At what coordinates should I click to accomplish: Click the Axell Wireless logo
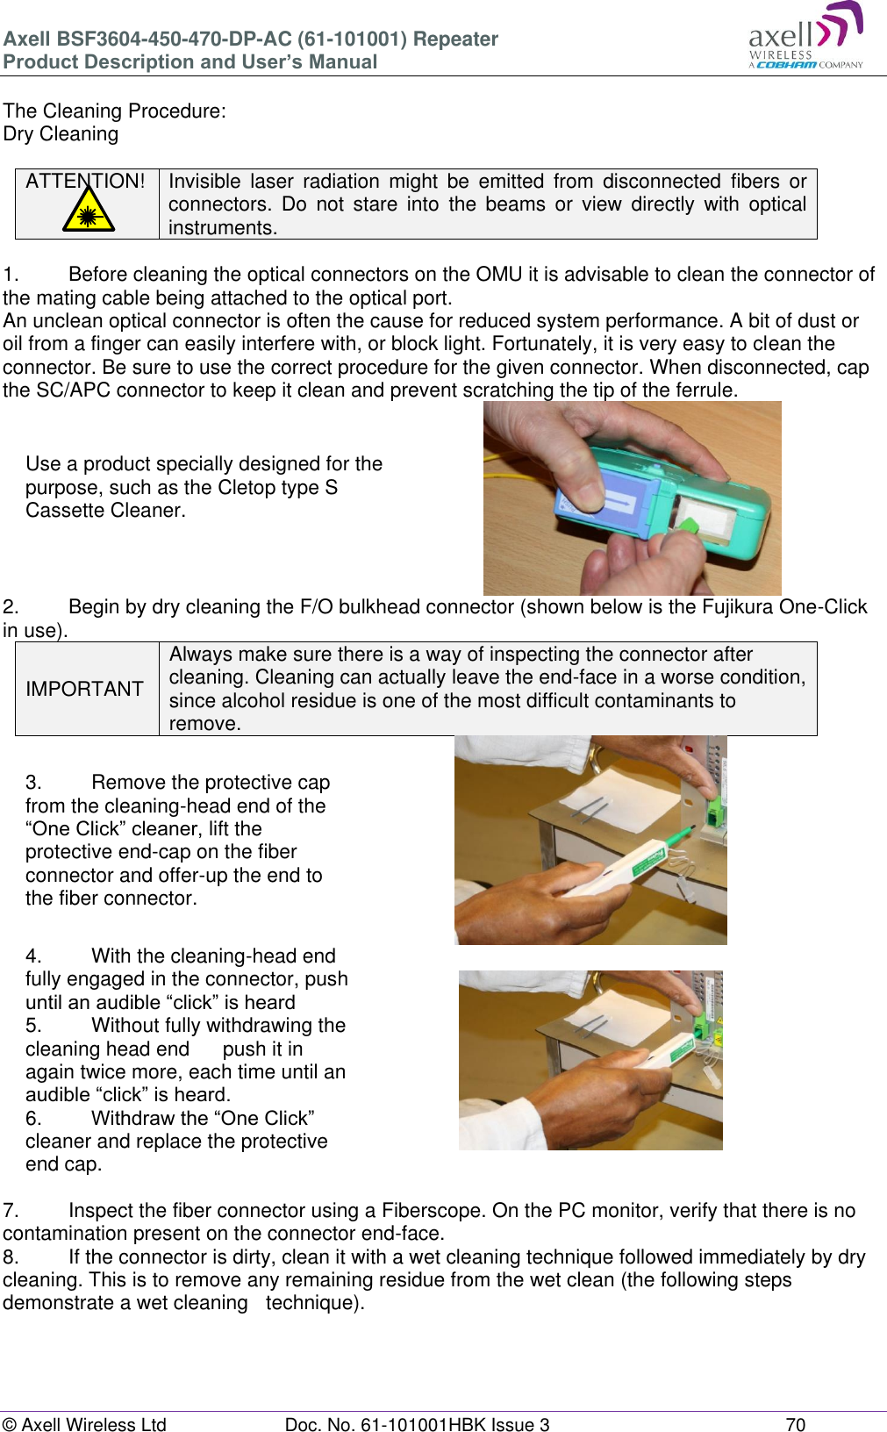click(805, 37)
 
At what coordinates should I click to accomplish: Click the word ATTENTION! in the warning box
click(85, 182)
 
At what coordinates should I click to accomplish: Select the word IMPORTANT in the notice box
click(84, 690)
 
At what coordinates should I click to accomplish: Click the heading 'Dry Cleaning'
click(61, 134)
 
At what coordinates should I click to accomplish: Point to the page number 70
click(795, 1424)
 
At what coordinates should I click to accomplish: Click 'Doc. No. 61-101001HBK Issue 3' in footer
click(417, 1424)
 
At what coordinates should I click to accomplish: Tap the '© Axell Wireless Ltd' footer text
click(84, 1424)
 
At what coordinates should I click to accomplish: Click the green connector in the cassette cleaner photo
click(688, 526)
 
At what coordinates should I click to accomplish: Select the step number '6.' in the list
click(33, 1119)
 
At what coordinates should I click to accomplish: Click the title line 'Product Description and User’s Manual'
click(190, 62)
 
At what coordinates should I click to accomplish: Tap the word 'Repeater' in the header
click(455, 39)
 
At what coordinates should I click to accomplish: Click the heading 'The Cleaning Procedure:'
click(114, 111)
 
